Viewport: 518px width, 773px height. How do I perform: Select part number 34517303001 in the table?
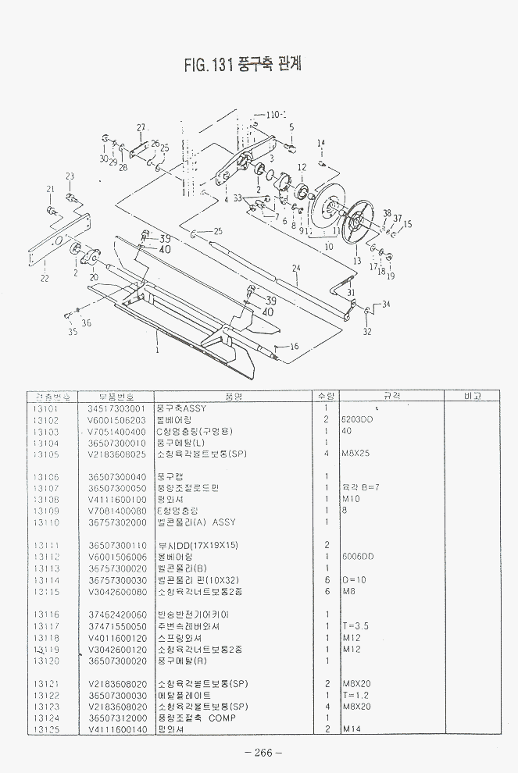click(x=116, y=408)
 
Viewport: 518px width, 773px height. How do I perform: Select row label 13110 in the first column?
click(x=47, y=522)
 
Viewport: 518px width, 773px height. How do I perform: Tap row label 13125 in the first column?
click(x=47, y=728)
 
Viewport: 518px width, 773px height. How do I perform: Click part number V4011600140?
click(x=116, y=728)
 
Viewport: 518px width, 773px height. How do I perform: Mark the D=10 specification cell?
click(x=352, y=580)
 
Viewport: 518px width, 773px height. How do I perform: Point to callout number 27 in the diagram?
click(x=141, y=127)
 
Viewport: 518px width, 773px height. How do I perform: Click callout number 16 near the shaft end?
click(x=294, y=346)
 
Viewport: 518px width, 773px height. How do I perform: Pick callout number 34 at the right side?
click(x=386, y=304)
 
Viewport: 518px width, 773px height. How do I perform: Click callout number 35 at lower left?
click(x=72, y=332)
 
